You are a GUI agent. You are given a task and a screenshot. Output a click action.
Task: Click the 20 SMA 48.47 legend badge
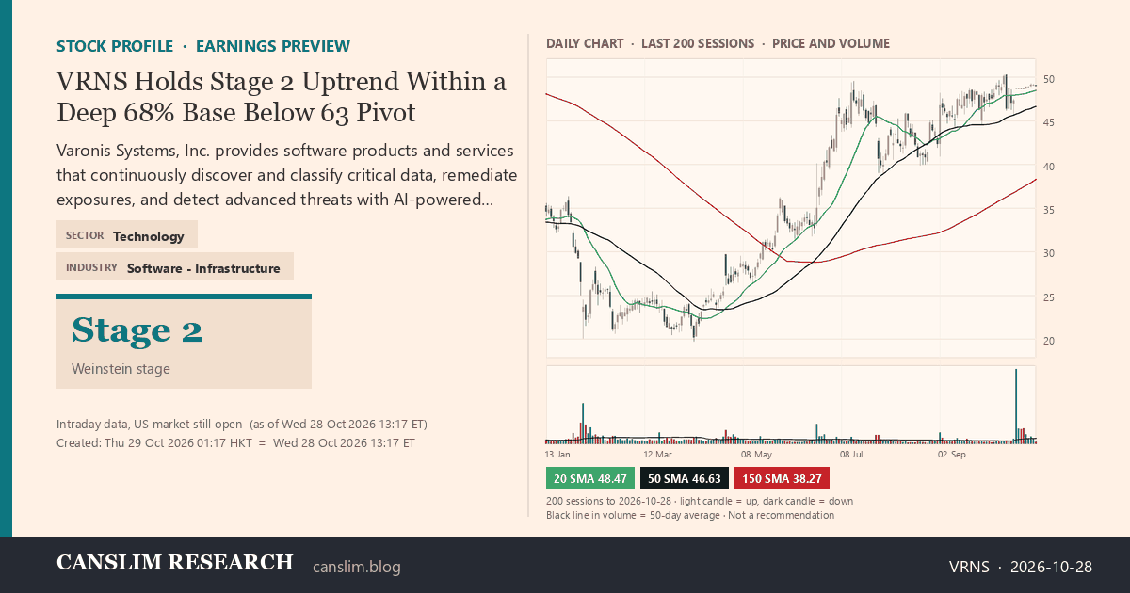click(589, 478)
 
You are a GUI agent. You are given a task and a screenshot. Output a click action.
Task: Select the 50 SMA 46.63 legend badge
click(684, 478)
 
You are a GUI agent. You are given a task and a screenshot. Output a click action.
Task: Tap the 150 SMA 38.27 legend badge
click(782, 478)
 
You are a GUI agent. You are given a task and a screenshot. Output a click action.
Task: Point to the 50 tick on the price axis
click(1049, 79)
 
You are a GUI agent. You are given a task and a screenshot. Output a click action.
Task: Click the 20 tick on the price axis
click(1049, 341)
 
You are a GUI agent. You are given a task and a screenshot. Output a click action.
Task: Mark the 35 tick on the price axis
click(1049, 210)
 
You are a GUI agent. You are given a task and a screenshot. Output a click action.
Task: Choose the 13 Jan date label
click(557, 455)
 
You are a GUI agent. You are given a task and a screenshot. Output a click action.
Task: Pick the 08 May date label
click(756, 455)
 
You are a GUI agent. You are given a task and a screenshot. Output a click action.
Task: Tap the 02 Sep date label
click(951, 455)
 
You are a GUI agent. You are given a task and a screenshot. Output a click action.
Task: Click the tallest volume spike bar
click(1016, 406)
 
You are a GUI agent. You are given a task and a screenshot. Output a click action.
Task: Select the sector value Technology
click(149, 236)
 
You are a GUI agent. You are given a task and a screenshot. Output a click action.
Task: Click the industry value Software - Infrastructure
click(203, 268)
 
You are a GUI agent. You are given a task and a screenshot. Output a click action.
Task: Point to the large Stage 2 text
click(137, 330)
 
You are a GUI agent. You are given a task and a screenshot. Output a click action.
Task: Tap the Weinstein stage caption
click(121, 369)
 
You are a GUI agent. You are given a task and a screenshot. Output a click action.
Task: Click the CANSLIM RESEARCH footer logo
click(174, 562)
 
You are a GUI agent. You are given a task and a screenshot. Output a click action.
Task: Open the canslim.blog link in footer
click(357, 567)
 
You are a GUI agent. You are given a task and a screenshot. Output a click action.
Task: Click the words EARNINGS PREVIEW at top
click(273, 46)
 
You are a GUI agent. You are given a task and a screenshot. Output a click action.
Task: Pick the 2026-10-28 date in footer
click(1051, 567)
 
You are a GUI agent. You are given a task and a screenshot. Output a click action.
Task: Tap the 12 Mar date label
click(658, 455)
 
